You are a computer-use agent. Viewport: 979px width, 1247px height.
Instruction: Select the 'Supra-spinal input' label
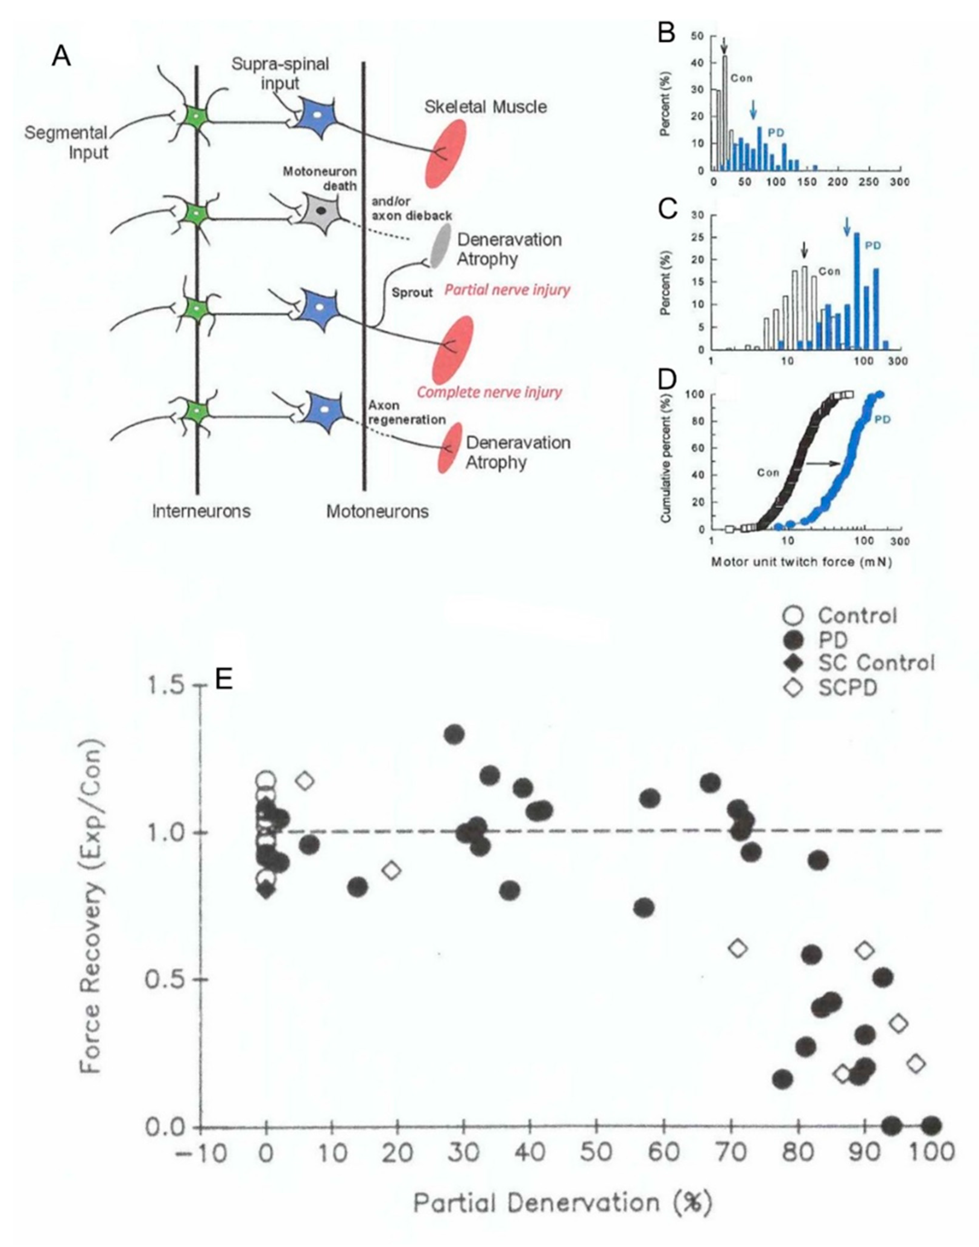point(280,73)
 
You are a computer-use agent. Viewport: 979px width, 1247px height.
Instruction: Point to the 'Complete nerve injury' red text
point(489,392)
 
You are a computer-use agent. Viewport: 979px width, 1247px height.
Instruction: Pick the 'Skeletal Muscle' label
point(486,107)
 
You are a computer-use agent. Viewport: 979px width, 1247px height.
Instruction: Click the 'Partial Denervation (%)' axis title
point(562,1204)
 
